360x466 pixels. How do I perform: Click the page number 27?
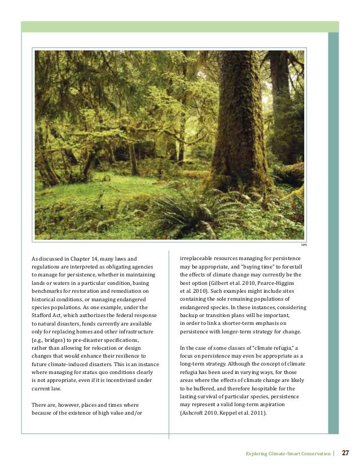(x=346, y=452)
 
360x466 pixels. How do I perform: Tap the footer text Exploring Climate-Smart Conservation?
(x=288, y=453)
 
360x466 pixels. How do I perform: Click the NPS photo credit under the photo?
(x=304, y=245)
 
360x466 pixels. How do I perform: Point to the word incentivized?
(x=113, y=381)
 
